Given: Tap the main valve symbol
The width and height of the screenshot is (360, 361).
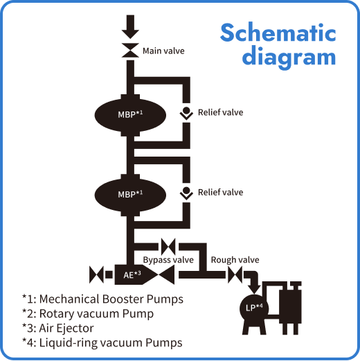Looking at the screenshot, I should click(x=129, y=51).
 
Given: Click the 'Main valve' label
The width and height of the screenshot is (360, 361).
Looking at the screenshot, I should click(x=163, y=51).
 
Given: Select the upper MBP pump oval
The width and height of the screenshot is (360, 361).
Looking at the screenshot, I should click(x=129, y=112).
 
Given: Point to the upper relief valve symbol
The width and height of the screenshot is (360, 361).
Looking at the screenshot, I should click(x=186, y=113).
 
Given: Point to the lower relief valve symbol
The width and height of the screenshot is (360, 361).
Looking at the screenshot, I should click(x=186, y=193).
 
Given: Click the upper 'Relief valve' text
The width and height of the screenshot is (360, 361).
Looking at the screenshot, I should click(x=220, y=112).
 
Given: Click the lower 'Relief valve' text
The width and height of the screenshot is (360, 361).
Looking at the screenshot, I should click(x=220, y=192).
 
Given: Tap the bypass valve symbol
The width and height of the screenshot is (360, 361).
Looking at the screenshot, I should click(x=168, y=246).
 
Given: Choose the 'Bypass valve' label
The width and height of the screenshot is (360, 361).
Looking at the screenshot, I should click(x=168, y=260).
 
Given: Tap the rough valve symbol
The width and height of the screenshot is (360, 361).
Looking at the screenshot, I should click(x=235, y=275).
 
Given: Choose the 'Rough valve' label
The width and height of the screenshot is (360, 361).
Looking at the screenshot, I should click(x=235, y=260).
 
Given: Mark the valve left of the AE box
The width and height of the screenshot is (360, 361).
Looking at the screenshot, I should click(x=96, y=275).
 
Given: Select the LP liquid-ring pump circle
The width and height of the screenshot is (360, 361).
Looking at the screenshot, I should click(x=253, y=307).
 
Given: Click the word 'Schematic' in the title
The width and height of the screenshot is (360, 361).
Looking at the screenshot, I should click(x=278, y=33).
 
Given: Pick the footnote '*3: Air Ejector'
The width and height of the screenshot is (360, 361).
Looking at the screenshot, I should click(x=57, y=328).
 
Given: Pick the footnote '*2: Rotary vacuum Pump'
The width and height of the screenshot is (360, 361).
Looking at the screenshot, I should click(x=87, y=313).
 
